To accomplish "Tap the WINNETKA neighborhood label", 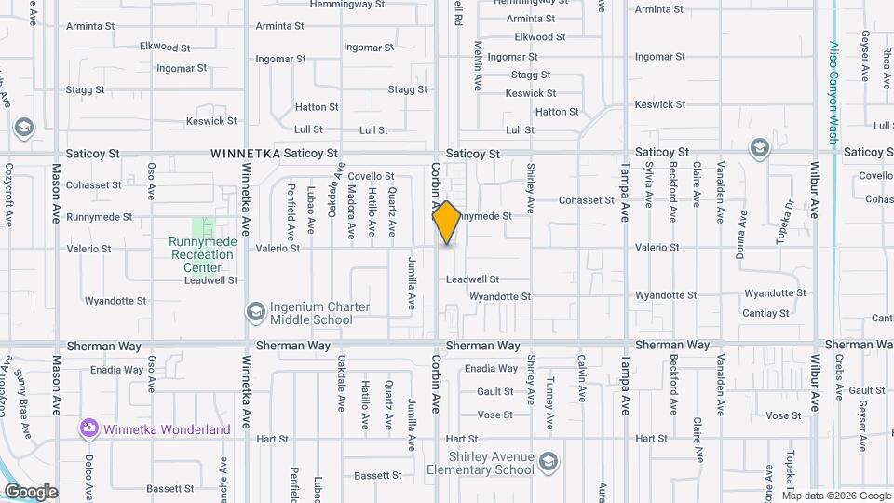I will [x=244, y=153].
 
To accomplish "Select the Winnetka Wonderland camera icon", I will [x=89, y=428].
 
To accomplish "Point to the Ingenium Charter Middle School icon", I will [x=255, y=310].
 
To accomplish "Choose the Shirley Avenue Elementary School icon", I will [x=549, y=461].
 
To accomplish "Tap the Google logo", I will [x=31, y=492].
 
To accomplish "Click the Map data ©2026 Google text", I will [x=835, y=495].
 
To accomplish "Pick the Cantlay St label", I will [x=765, y=313].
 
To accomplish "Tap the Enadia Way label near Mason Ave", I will [x=117, y=370].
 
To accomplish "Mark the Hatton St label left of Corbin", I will [x=317, y=108].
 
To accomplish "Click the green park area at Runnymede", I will [x=203, y=226].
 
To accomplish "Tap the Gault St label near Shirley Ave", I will [x=495, y=392].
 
